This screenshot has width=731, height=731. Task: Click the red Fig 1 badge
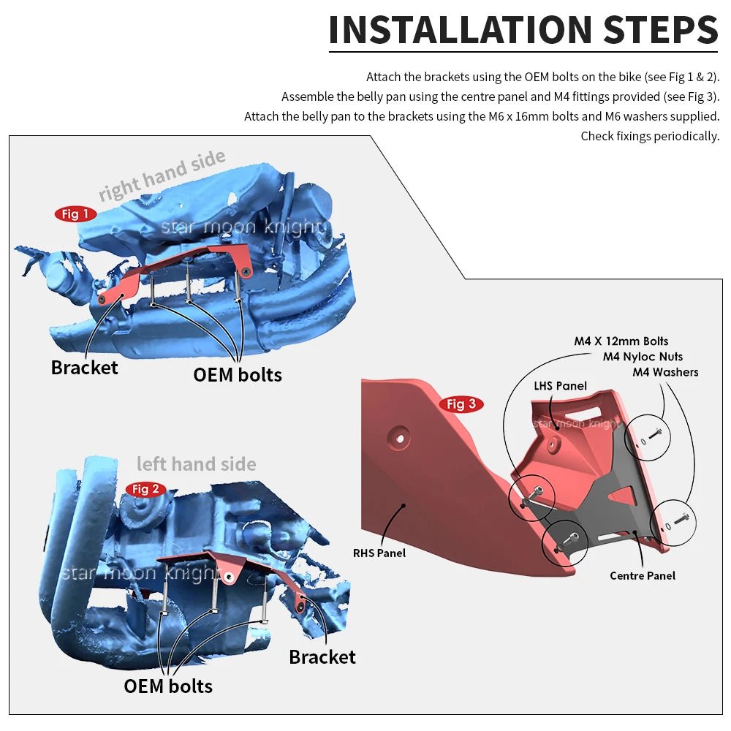pyautogui.click(x=75, y=214)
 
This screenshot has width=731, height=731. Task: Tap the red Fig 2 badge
pyautogui.click(x=145, y=489)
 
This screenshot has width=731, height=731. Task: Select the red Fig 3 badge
pyautogui.click(x=461, y=404)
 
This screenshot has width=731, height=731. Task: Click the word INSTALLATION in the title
pyautogui.click(x=461, y=29)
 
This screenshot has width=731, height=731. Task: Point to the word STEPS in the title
pyautogui.click(x=661, y=29)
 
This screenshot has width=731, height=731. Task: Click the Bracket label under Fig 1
pyautogui.click(x=84, y=367)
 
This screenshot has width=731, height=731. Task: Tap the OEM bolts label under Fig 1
pyautogui.click(x=238, y=374)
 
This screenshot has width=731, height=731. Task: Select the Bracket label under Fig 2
pyautogui.click(x=322, y=656)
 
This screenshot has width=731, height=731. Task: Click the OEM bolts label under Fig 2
pyautogui.click(x=168, y=686)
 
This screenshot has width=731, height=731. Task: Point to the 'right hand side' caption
pyautogui.click(x=162, y=175)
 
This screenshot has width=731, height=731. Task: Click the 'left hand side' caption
pyautogui.click(x=197, y=464)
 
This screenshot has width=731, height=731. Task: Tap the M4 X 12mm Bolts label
pyautogui.click(x=621, y=341)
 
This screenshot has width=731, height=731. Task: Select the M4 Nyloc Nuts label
pyautogui.click(x=643, y=357)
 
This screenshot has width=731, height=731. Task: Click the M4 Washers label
pyautogui.click(x=665, y=372)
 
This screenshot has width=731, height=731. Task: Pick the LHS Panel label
pyautogui.click(x=561, y=386)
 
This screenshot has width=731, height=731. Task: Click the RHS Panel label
pyautogui.click(x=379, y=553)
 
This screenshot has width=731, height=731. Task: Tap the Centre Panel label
pyautogui.click(x=643, y=576)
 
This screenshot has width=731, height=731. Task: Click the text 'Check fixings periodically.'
pyautogui.click(x=650, y=136)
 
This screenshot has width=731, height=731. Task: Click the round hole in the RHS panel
pyautogui.click(x=401, y=439)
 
